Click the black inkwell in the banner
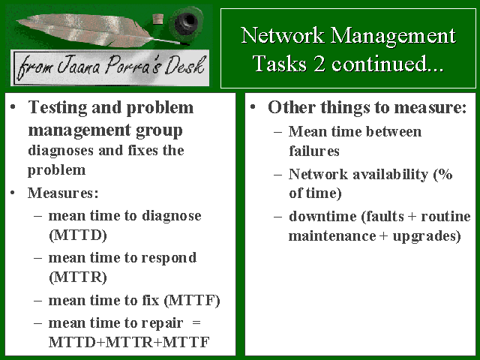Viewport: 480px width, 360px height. coord(187,22)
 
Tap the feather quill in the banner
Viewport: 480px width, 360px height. coord(91,30)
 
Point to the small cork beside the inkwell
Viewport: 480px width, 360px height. coord(158,19)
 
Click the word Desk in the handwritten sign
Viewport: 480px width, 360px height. coord(184,66)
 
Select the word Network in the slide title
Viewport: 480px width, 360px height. coord(282,35)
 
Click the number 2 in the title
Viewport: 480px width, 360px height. coord(319,64)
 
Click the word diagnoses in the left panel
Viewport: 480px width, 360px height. coord(61,151)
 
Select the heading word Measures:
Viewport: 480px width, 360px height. coord(63,193)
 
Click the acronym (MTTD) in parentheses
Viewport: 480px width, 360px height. coord(78,235)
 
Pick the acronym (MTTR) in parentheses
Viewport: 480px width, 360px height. coord(78,277)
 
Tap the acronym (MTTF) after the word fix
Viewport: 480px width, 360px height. coord(192,300)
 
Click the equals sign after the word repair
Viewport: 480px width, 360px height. coord(196,322)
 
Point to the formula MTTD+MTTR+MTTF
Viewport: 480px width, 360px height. coord(129,342)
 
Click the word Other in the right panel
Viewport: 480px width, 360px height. coord(292,107)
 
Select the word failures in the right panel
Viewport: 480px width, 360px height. coord(314,151)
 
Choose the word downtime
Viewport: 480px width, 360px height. coord(322,216)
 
